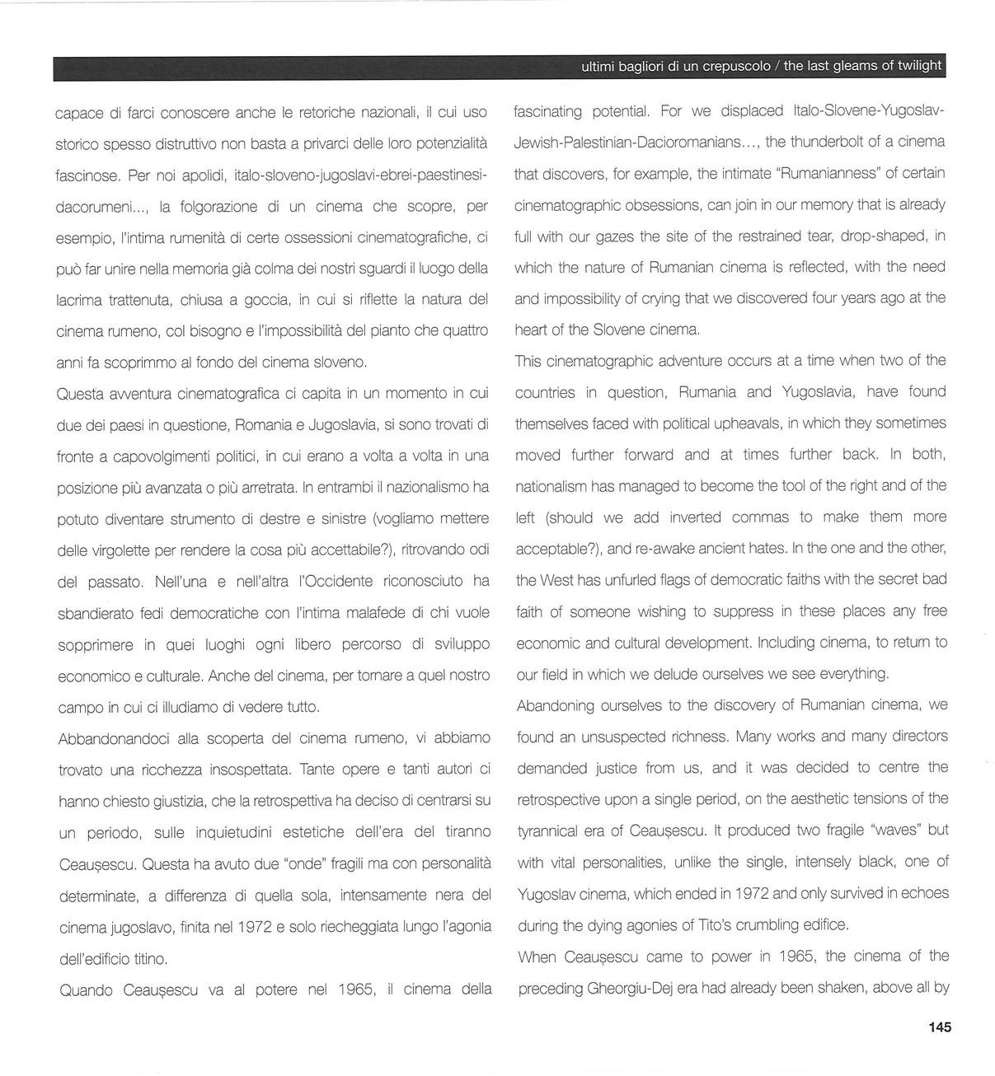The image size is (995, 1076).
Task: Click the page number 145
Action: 939,1027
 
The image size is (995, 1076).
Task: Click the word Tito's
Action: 725,924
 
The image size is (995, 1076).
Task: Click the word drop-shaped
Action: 883,236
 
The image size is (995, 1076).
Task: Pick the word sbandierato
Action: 100,614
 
